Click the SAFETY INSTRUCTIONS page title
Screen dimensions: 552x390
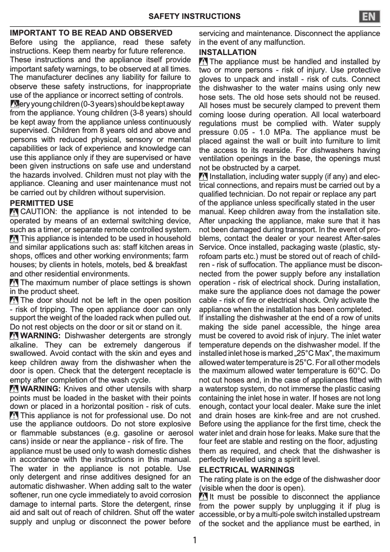coord(194,17)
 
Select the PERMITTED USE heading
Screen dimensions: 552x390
coord(42,203)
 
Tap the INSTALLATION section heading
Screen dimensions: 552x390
coord(228,52)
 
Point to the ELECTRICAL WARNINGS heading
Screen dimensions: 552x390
coord(247,470)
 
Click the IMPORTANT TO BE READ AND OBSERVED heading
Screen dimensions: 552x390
coord(91,33)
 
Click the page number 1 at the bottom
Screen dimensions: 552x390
coord(195,540)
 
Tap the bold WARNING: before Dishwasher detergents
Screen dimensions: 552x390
coord(40,335)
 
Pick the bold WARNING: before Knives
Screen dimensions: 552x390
coord(40,388)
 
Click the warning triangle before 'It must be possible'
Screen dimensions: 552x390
coord(204,497)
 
